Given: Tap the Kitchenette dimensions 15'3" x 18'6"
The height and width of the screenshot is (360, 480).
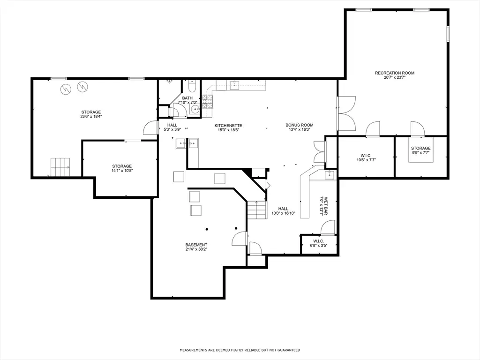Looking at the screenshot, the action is pyautogui.click(x=228, y=130).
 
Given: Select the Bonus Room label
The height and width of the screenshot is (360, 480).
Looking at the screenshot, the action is pyautogui.click(x=300, y=125).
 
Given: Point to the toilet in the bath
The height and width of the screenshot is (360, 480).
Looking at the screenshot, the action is pyautogui.click(x=192, y=86).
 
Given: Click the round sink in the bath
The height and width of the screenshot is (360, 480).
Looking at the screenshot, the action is pyautogui.click(x=195, y=109).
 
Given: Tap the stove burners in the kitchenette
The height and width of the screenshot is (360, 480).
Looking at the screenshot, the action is pyautogui.click(x=207, y=102).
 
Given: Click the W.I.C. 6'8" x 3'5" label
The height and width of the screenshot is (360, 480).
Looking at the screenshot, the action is pyautogui.click(x=318, y=243).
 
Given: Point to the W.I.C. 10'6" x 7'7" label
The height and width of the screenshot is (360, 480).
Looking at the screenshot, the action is pyautogui.click(x=366, y=157).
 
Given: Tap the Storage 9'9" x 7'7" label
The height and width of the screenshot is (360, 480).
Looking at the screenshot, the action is pyautogui.click(x=420, y=150).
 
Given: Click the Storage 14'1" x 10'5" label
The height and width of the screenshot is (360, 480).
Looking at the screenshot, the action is pyautogui.click(x=122, y=168).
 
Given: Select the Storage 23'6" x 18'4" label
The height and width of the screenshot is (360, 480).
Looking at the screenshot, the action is pyautogui.click(x=91, y=114).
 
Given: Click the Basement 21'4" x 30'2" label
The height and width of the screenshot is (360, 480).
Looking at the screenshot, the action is pyautogui.click(x=196, y=247).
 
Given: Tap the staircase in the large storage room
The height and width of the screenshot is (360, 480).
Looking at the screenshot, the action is pyautogui.click(x=60, y=167).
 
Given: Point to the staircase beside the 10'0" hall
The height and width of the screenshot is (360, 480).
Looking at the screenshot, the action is pyautogui.click(x=256, y=210).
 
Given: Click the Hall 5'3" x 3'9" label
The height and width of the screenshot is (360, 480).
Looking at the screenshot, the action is pyautogui.click(x=172, y=127).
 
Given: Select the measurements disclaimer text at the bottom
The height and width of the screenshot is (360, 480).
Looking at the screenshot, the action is pyautogui.click(x=240, y=350).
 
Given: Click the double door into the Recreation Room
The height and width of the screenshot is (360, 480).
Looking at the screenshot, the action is pyautogui.click(x=346, y=113).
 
